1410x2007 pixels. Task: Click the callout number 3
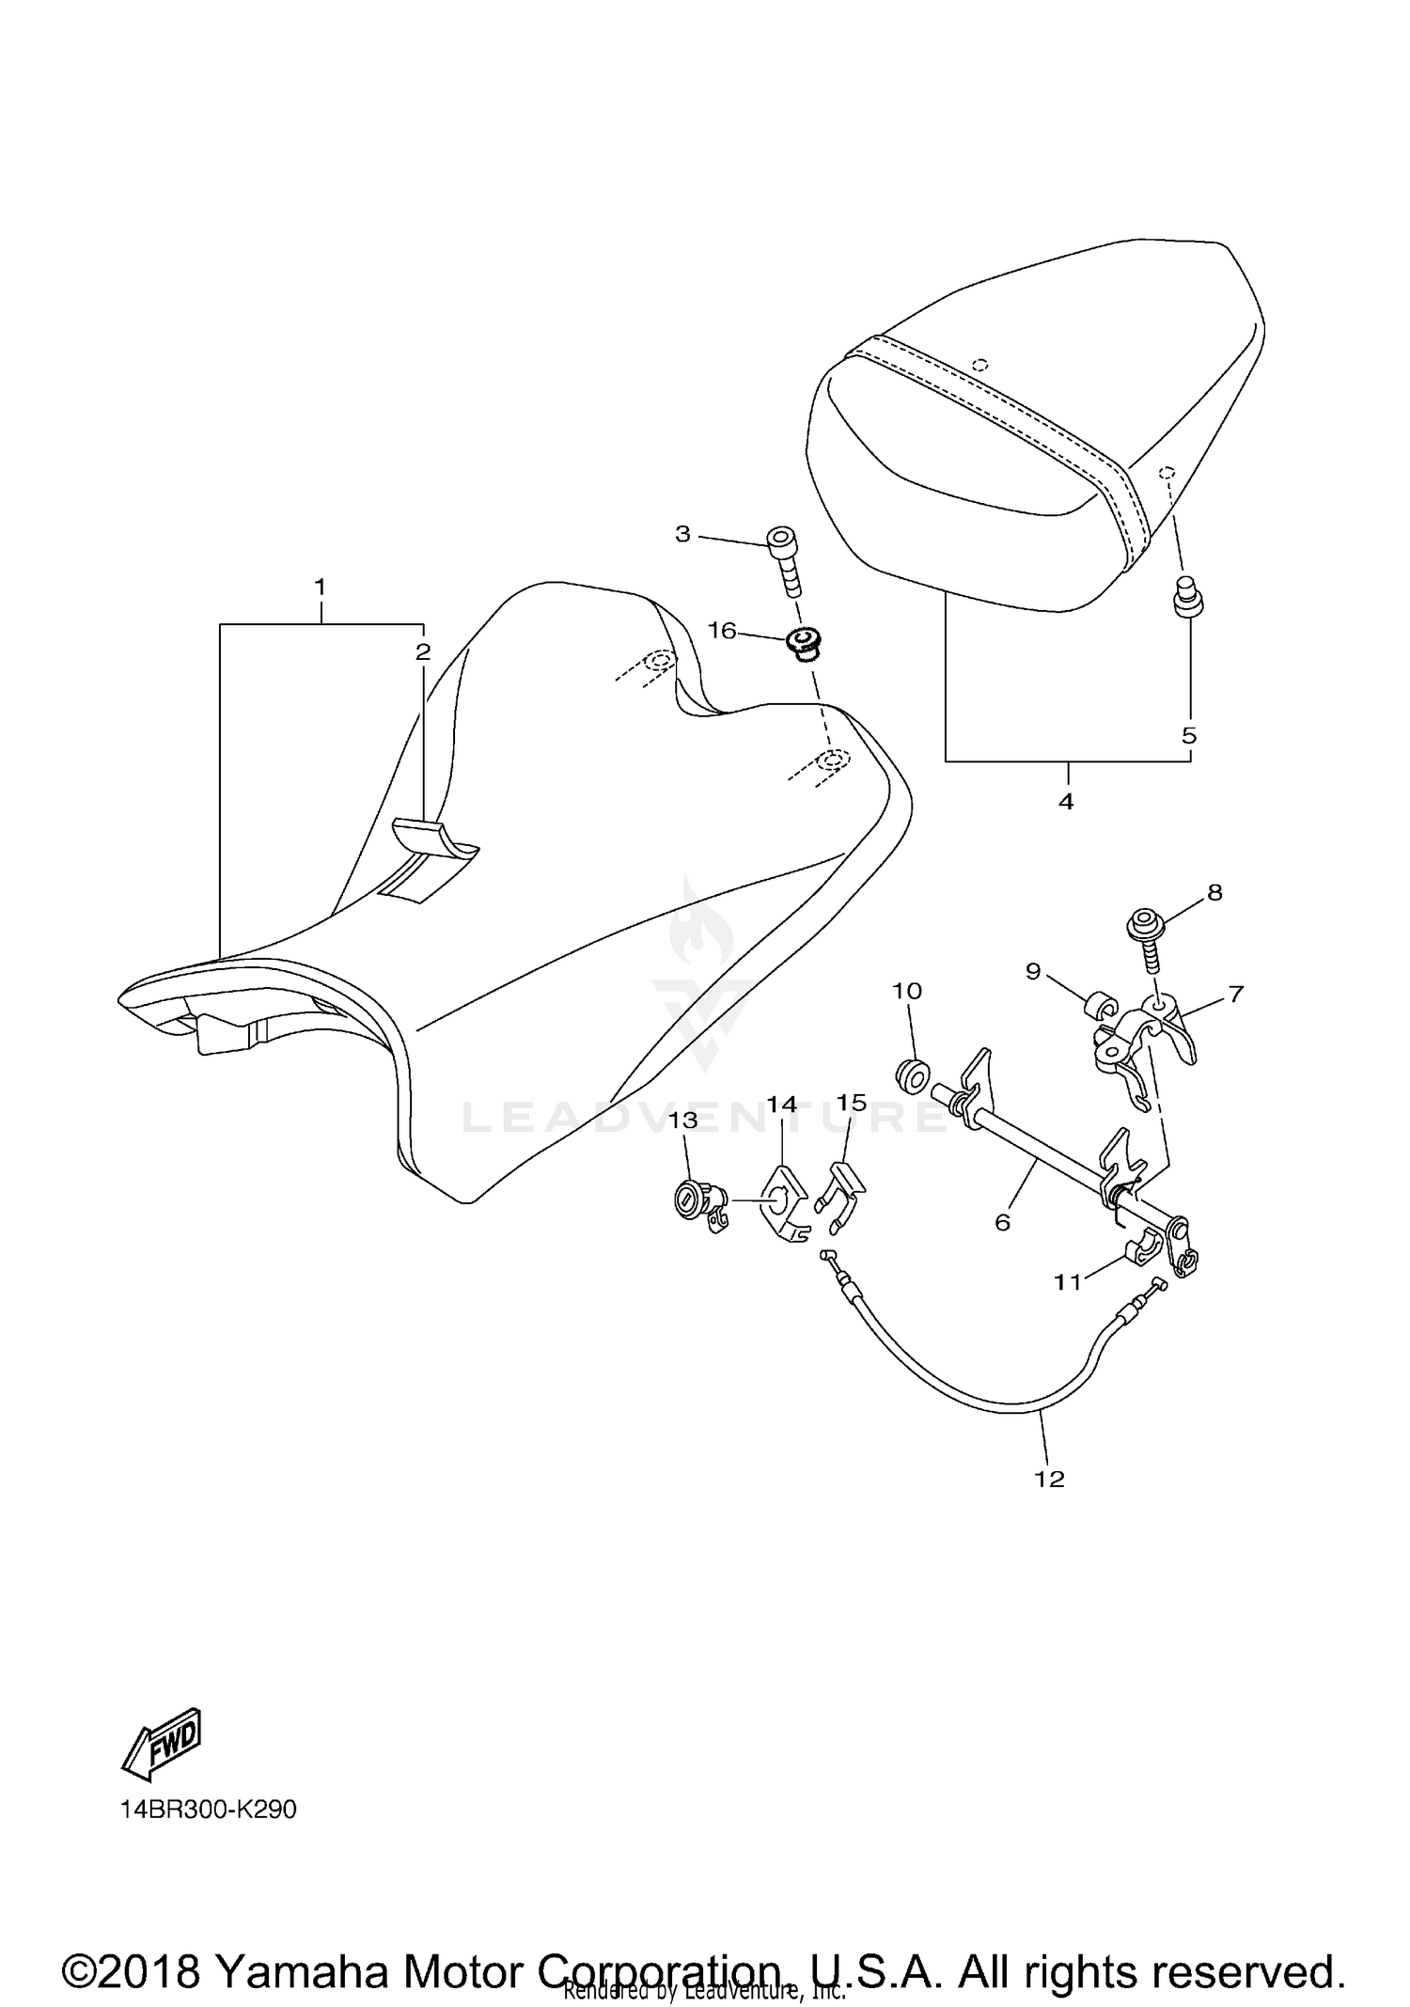coord(682,534)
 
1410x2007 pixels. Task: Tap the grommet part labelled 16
coord(802,644)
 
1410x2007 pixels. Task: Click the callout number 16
coord(722,630)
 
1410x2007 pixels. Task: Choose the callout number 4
coord(1066,801)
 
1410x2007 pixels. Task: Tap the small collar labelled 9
coord(1096,1008)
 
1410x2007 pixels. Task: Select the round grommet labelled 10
coord(912,1073)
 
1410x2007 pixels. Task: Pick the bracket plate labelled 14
coord(782,1204)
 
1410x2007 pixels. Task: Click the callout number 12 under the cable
coord(1050,1479)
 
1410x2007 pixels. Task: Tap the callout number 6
coord(1003,1222)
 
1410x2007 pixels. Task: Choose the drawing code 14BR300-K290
coord(208,1809)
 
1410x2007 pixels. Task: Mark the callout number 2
coord(423,651)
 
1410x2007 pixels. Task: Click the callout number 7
coord(1235,993)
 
